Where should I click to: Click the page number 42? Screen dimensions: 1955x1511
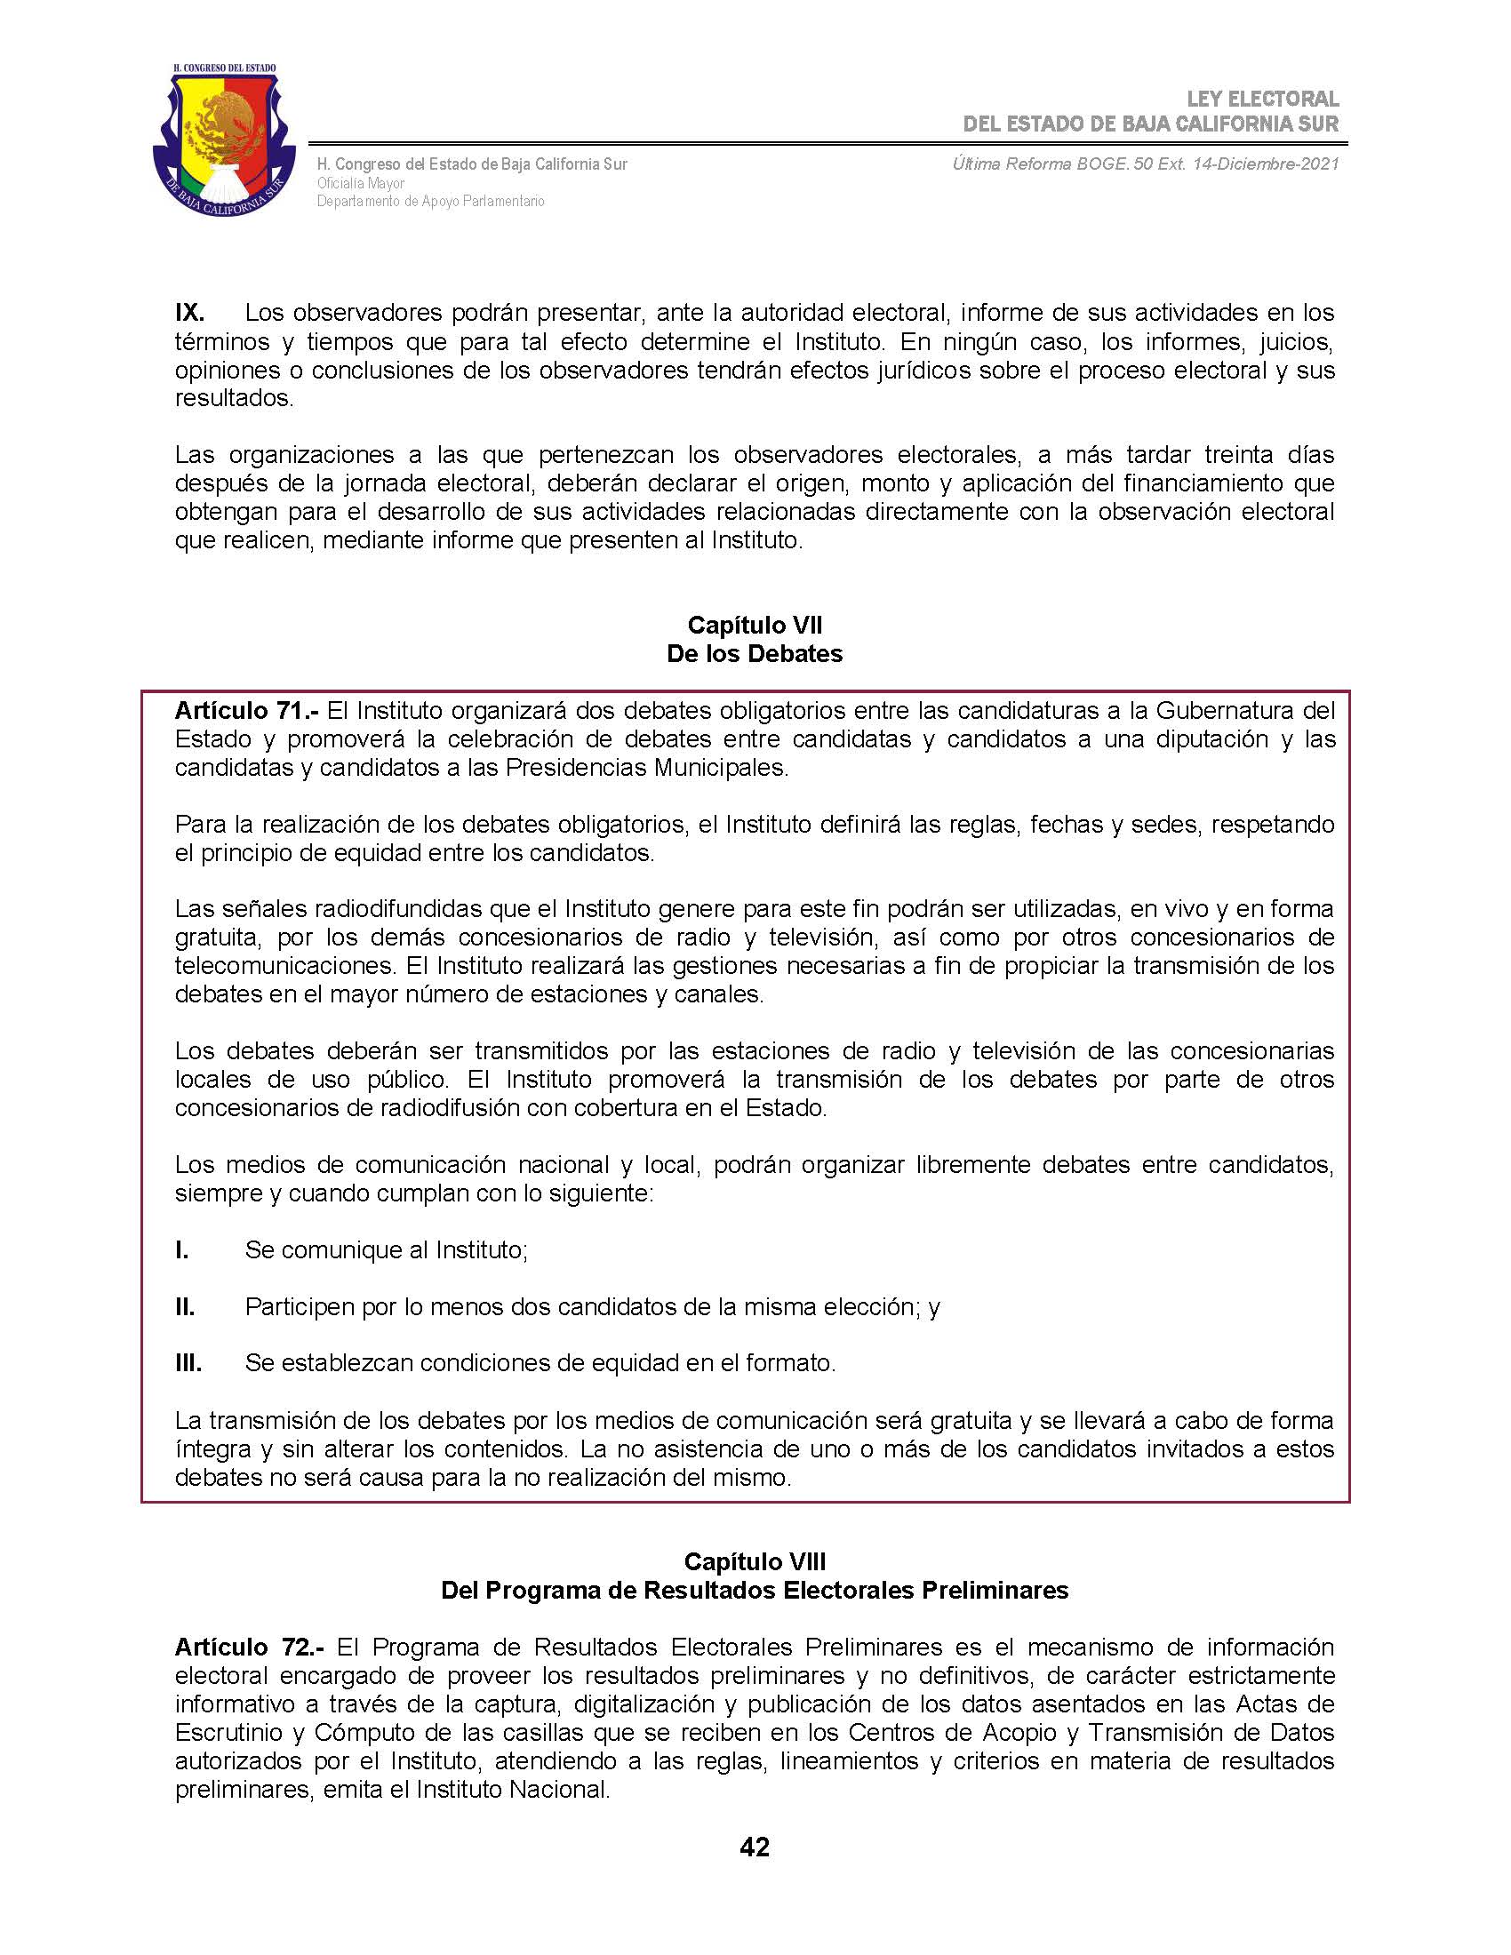tap(755, 1847)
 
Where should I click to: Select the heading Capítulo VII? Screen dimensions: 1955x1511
tap(755, 625)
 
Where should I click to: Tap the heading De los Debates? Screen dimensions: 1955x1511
tap(755, 653)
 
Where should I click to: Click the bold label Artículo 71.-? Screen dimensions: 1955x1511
tap(246, 711)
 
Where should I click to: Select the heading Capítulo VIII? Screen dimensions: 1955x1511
tap(755, 1562)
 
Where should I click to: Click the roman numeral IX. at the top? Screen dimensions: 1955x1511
tap(190, 314)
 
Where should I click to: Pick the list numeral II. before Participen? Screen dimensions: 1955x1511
tap(184, 1307)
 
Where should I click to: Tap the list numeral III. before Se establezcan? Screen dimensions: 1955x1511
tap(188, 1363)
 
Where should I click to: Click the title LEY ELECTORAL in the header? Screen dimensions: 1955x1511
tap(1262, 100)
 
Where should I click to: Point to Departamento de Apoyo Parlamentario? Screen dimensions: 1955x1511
tap(430, 202)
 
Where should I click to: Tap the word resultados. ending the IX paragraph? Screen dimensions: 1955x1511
tap(235, 398)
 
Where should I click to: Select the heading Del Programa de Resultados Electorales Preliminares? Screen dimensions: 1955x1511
tap(755, 1591)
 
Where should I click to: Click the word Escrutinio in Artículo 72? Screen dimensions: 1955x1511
tap(227, 1732)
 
